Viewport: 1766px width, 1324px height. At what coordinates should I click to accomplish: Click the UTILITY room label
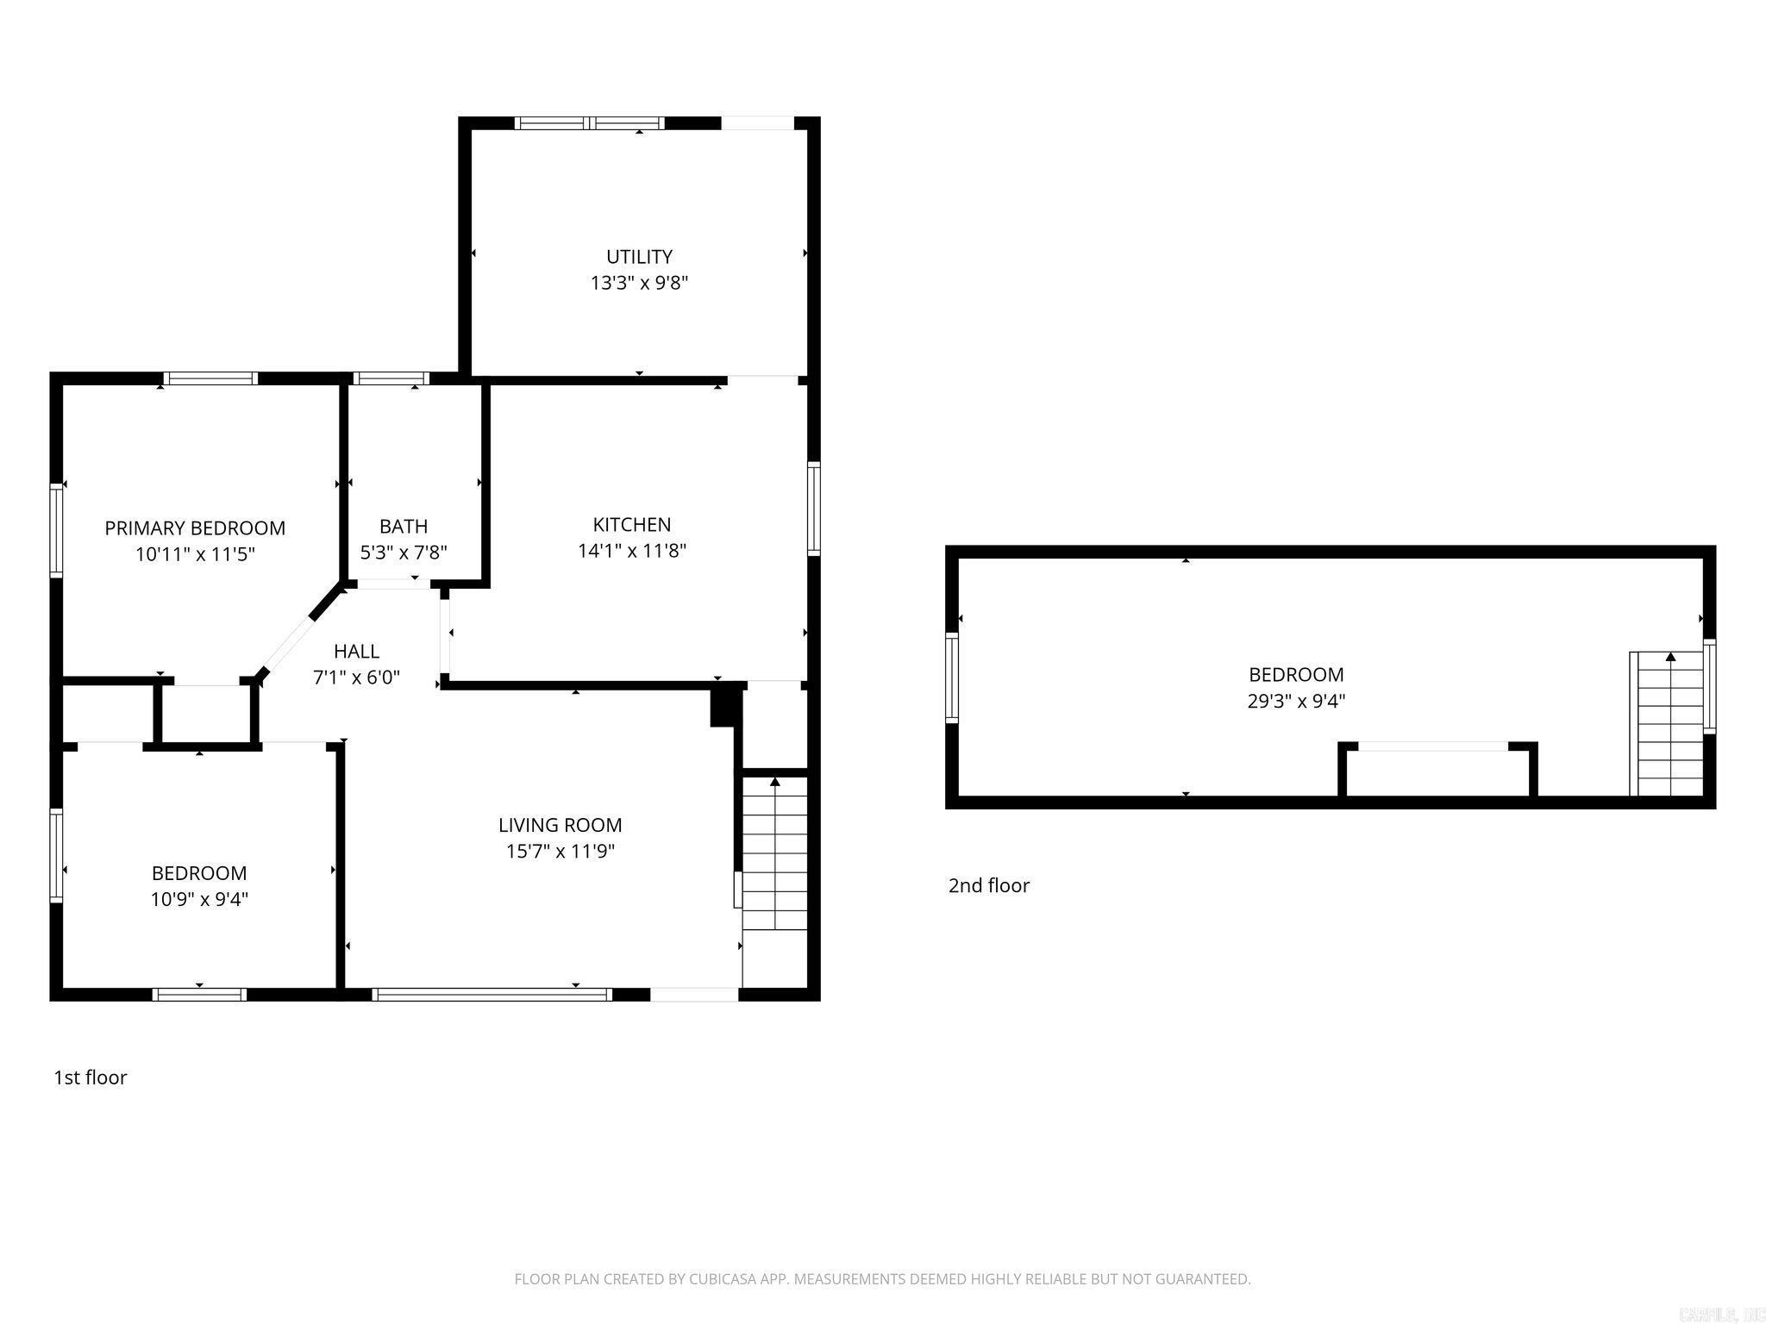[x=639, y=257]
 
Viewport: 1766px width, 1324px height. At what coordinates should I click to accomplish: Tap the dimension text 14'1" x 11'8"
[x=631, y=551]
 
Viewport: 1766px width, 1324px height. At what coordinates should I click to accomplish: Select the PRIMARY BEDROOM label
[x=195, y=528]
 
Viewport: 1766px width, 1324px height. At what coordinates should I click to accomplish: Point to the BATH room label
[x=404, y=526]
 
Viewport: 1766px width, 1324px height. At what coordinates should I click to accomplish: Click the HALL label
[x=356, y=652]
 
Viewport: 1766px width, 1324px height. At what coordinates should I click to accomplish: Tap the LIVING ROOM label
[x=560, y=825]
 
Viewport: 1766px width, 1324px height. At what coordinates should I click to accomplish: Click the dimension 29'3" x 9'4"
[x=1296, y=701]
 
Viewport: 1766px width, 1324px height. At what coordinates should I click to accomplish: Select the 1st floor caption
[x=91, y=1077]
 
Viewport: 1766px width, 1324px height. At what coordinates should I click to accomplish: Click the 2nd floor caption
[x=989, y=885]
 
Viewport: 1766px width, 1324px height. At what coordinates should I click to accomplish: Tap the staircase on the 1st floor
[x=774, y=853]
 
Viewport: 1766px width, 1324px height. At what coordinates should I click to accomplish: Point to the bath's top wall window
[x=391, y=378]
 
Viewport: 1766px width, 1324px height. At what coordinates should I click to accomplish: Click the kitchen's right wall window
[x=814, y=508]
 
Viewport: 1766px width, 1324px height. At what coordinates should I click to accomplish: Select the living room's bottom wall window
[x=492, y=995]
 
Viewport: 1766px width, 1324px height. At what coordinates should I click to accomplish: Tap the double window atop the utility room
[x=590, y=123]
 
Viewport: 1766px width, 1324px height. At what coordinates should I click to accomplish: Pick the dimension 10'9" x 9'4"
[x=199, y=900]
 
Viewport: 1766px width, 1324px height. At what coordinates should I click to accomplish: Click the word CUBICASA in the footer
[x=723, y=1279]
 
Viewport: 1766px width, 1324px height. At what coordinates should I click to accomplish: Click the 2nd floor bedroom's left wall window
[x=952, y=677]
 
